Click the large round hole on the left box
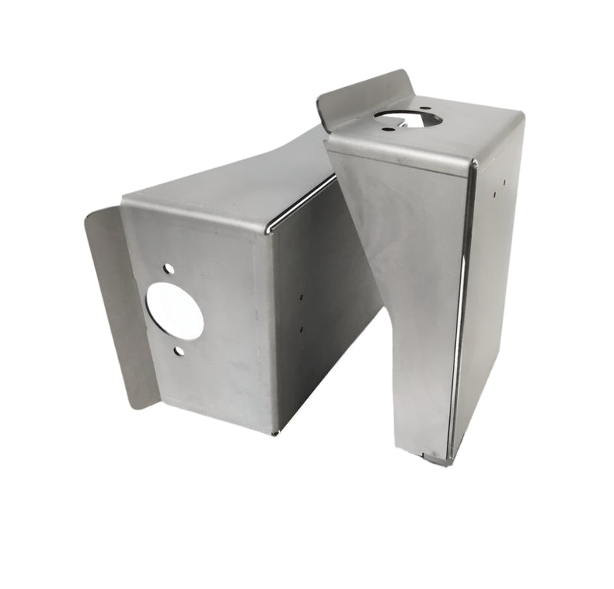(x=175, y=311)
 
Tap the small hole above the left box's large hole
(x=168, y=270)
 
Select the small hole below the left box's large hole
(x=179, y=351)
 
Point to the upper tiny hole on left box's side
(x=302, y=296)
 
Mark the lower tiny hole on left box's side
(x=301, y=329)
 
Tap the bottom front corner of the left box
(x=273, y=432)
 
